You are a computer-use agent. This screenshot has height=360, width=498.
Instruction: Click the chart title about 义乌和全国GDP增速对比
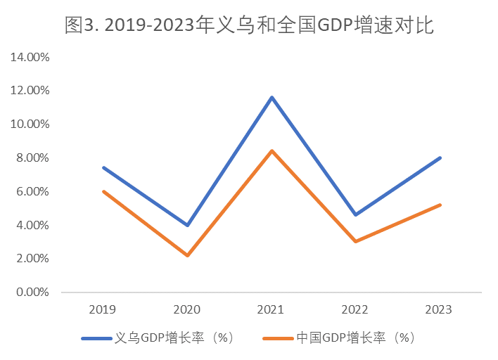[249, 26]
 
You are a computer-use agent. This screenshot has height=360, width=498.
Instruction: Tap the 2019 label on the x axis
[103, 309]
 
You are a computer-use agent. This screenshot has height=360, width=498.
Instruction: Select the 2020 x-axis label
[187, 309]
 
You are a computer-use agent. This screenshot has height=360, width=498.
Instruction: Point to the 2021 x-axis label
[272, 309]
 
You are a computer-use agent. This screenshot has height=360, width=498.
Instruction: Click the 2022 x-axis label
[356, 309]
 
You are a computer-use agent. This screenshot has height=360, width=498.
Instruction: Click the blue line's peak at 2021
[272, 97]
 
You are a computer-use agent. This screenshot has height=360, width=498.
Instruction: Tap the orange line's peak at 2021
[272, 151]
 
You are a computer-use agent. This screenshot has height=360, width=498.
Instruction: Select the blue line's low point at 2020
[187, 225]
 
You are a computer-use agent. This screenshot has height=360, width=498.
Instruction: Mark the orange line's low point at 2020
[187, 255]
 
